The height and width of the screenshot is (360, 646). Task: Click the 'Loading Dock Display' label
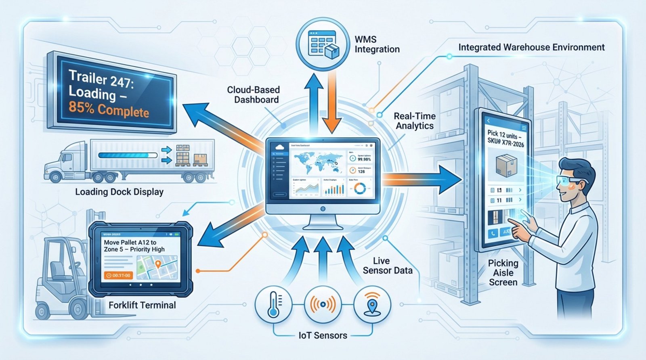119,192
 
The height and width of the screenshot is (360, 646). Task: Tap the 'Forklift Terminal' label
142,305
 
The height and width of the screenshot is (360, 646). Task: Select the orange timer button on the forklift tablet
118,275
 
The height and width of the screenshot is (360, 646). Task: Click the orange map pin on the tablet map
158,264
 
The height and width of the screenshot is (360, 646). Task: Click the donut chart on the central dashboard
359,188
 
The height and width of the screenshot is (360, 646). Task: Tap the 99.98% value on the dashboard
364,159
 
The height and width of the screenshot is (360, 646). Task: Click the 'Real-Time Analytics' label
415,121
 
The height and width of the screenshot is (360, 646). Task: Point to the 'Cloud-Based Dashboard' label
254,94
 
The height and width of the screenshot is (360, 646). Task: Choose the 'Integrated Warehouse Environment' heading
531,47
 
